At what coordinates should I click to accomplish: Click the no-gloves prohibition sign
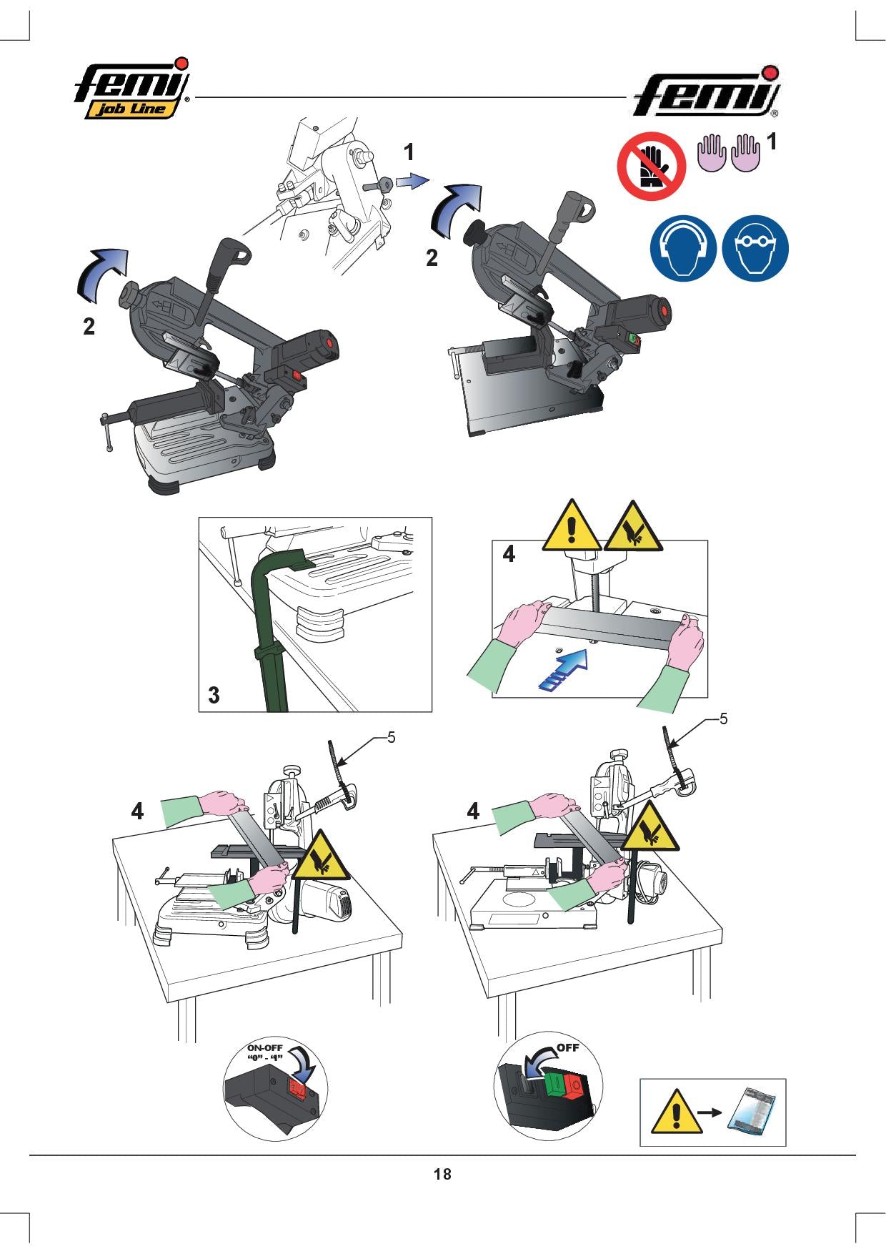tap(651, 167)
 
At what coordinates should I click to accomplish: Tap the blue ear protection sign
tap(682, 249)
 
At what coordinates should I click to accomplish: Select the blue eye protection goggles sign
tap(755, 249)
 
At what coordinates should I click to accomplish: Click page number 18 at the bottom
tap(442, 1174)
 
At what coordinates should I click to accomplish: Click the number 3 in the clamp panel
tap(214, 694)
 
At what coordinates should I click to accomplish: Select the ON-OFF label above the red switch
tap(266, 1052)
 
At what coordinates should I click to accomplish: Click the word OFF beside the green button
tap(568, 1048)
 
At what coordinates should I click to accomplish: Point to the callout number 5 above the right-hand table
tap(723, 719)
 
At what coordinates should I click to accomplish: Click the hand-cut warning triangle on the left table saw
tap(321, 856)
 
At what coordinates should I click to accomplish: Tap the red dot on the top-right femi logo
tap(770, 73)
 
